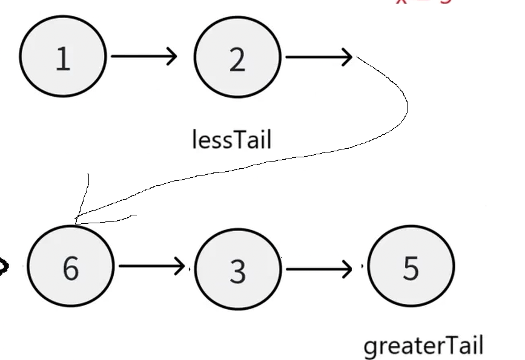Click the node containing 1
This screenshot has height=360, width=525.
(x=63, y=56)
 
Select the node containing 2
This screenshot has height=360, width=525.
(x=237, y=57)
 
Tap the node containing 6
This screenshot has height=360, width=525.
(x=71, y=266)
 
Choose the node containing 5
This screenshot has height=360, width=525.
(x=411, y=266)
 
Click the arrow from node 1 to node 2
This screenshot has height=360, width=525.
(x=144, y=56)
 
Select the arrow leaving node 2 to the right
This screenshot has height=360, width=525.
(x=318, y=57)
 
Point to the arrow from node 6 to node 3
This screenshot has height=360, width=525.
(x=151, y=266)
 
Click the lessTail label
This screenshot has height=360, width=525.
(x=231, y=140)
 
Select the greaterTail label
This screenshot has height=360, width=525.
(x=423, y=346)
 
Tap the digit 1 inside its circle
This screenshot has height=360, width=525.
(x=62, y=59)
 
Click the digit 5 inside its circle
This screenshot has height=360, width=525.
(x=411, y=267)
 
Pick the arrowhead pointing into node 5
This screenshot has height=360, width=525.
(x=347, y=267)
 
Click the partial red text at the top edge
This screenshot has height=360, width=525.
(x=424, y=2)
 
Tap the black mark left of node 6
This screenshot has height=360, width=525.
(x=4, y=267)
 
